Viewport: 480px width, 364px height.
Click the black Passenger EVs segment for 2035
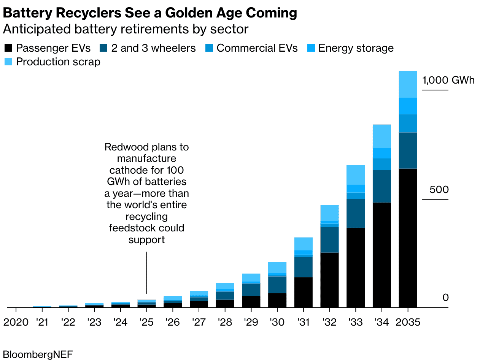tap(408, 237)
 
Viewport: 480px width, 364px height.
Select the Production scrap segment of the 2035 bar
tap(408, 84)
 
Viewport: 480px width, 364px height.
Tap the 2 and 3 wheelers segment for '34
tap(381, 186)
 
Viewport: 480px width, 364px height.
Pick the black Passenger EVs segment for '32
tap(329, 280)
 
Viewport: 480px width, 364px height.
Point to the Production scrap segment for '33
tap(356, 174)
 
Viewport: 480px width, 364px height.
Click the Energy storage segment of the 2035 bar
tap(408, 106)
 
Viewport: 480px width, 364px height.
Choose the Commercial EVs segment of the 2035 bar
tap(408, 123)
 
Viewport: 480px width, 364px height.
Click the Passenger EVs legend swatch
tap(8, 48)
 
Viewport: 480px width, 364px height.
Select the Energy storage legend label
tap(356, 48)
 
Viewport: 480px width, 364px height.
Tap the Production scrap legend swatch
tap(8, 62)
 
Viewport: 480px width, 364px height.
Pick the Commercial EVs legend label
tap(257, 48)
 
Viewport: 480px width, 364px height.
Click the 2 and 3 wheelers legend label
tap(153, 48)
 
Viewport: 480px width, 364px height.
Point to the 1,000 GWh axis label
tap(448, 80)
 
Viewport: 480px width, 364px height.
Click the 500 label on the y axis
tap(439, 190)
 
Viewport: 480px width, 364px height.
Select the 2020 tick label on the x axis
tap(16, 322)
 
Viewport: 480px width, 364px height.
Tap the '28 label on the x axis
tap(225, 322)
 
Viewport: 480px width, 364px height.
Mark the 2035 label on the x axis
tap(408, 322)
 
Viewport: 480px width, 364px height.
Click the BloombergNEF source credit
tap(38, 355)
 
